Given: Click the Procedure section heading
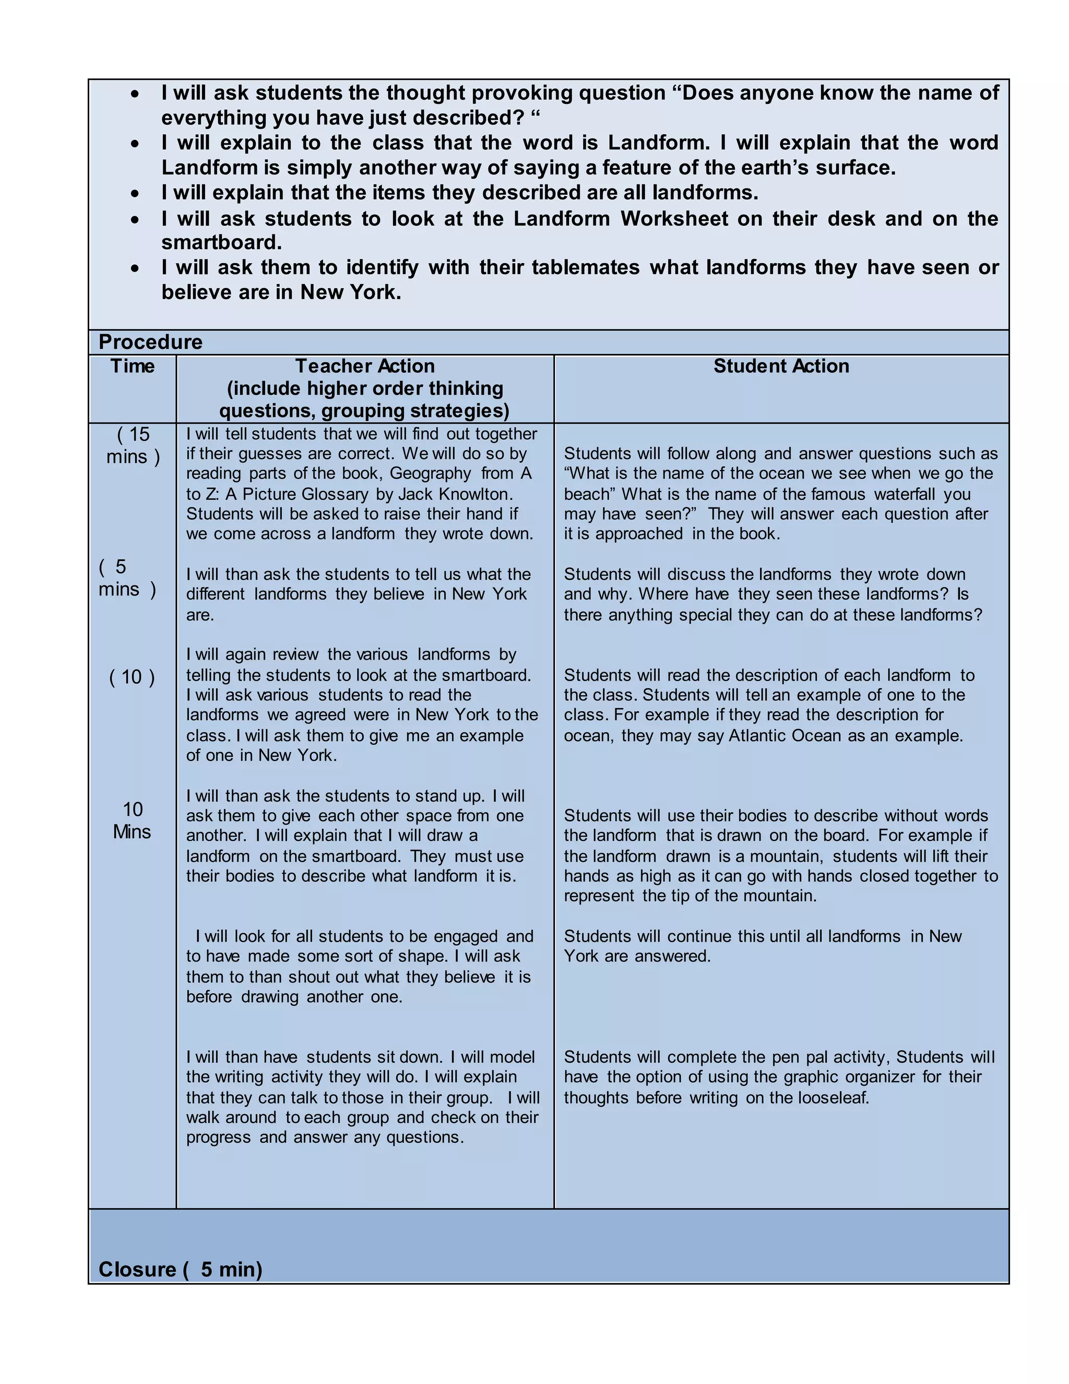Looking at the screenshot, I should [150, 342].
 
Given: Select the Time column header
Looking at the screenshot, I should [133, 366].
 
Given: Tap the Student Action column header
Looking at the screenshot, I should [781, 366].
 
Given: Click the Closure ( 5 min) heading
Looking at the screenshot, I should [181, 1269].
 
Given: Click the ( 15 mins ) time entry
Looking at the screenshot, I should [133, 445].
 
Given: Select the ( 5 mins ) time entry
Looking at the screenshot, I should [127, 578].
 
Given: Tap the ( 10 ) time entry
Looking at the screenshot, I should [132, 677].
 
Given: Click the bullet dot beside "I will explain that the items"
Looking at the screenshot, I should [135, 193].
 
